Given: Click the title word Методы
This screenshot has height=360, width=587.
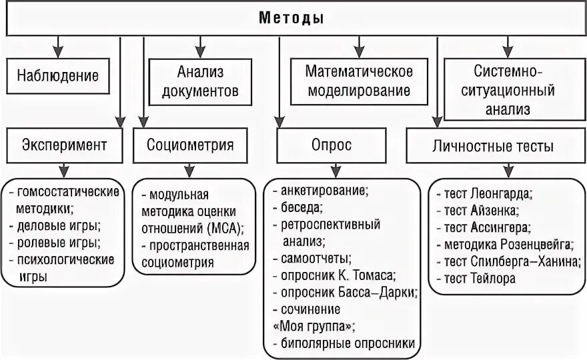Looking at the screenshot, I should [291, 18].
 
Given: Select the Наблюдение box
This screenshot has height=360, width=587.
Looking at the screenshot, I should [58, 75].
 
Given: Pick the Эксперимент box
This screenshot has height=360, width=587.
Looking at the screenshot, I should [64, 145].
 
